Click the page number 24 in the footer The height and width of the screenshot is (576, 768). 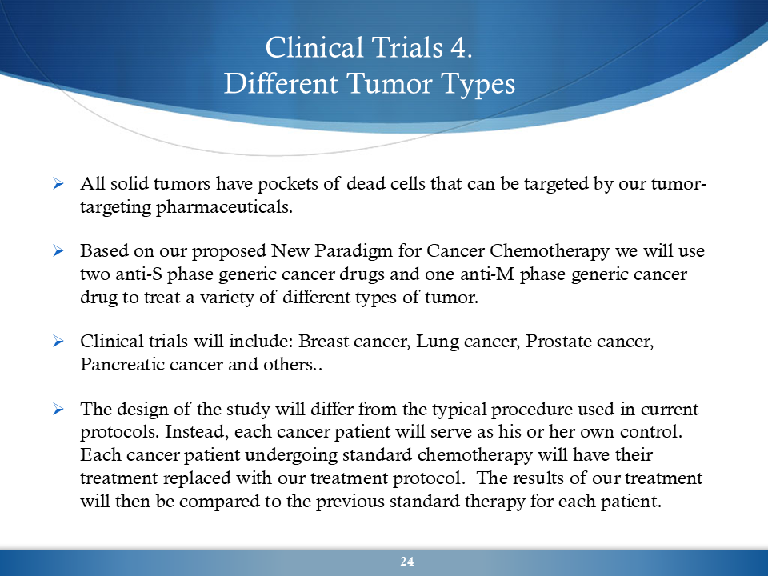[407, 562]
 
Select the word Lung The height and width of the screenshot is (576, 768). [438, 342]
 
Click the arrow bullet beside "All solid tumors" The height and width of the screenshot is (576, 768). [58, 184]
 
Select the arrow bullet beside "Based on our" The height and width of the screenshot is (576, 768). [58, 251]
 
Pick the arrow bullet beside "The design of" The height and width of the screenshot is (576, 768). [58, 410]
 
